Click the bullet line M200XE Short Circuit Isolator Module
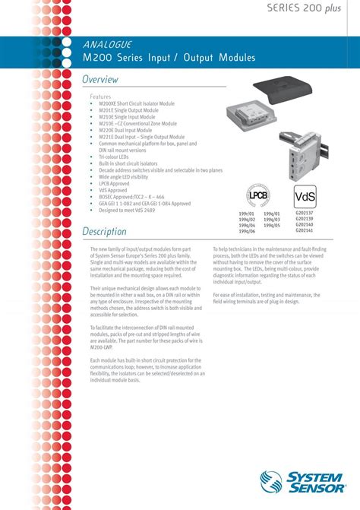pyautogui.click(x=137, y=103)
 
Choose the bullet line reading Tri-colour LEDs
pyautogui.click(x=115, y=156)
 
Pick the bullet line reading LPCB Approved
pyautogui.click(x=115, y=182)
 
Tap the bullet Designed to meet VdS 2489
pyautogui.click(x=133, y=209)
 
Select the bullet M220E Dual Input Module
pyautogui.click(x=126, y=130)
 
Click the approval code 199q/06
pyautogui.click(x=247, y=231)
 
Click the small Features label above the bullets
pyautogui.click(x=101, y=97)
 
